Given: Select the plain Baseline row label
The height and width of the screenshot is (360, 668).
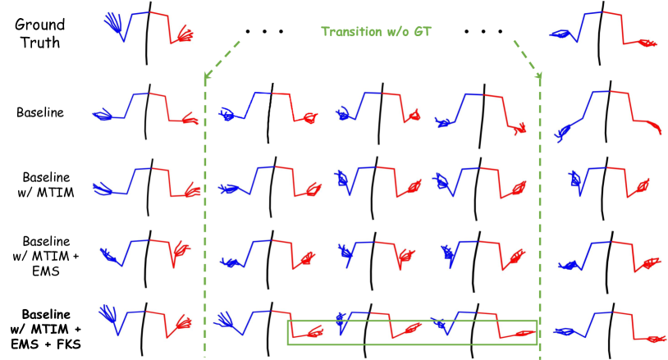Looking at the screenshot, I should click(x=40, y=112).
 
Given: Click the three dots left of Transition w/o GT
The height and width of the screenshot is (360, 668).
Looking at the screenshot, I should click(x=263, y=33).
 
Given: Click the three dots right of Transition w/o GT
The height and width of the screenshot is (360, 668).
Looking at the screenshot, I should click(x=483, y=33).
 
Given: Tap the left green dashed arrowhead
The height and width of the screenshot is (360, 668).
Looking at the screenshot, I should click(x=206, y=79).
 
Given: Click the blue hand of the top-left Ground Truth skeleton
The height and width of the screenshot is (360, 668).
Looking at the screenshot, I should click(x=114, y=25).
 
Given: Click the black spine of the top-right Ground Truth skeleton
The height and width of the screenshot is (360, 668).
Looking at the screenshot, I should click(x=603, y=37).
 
